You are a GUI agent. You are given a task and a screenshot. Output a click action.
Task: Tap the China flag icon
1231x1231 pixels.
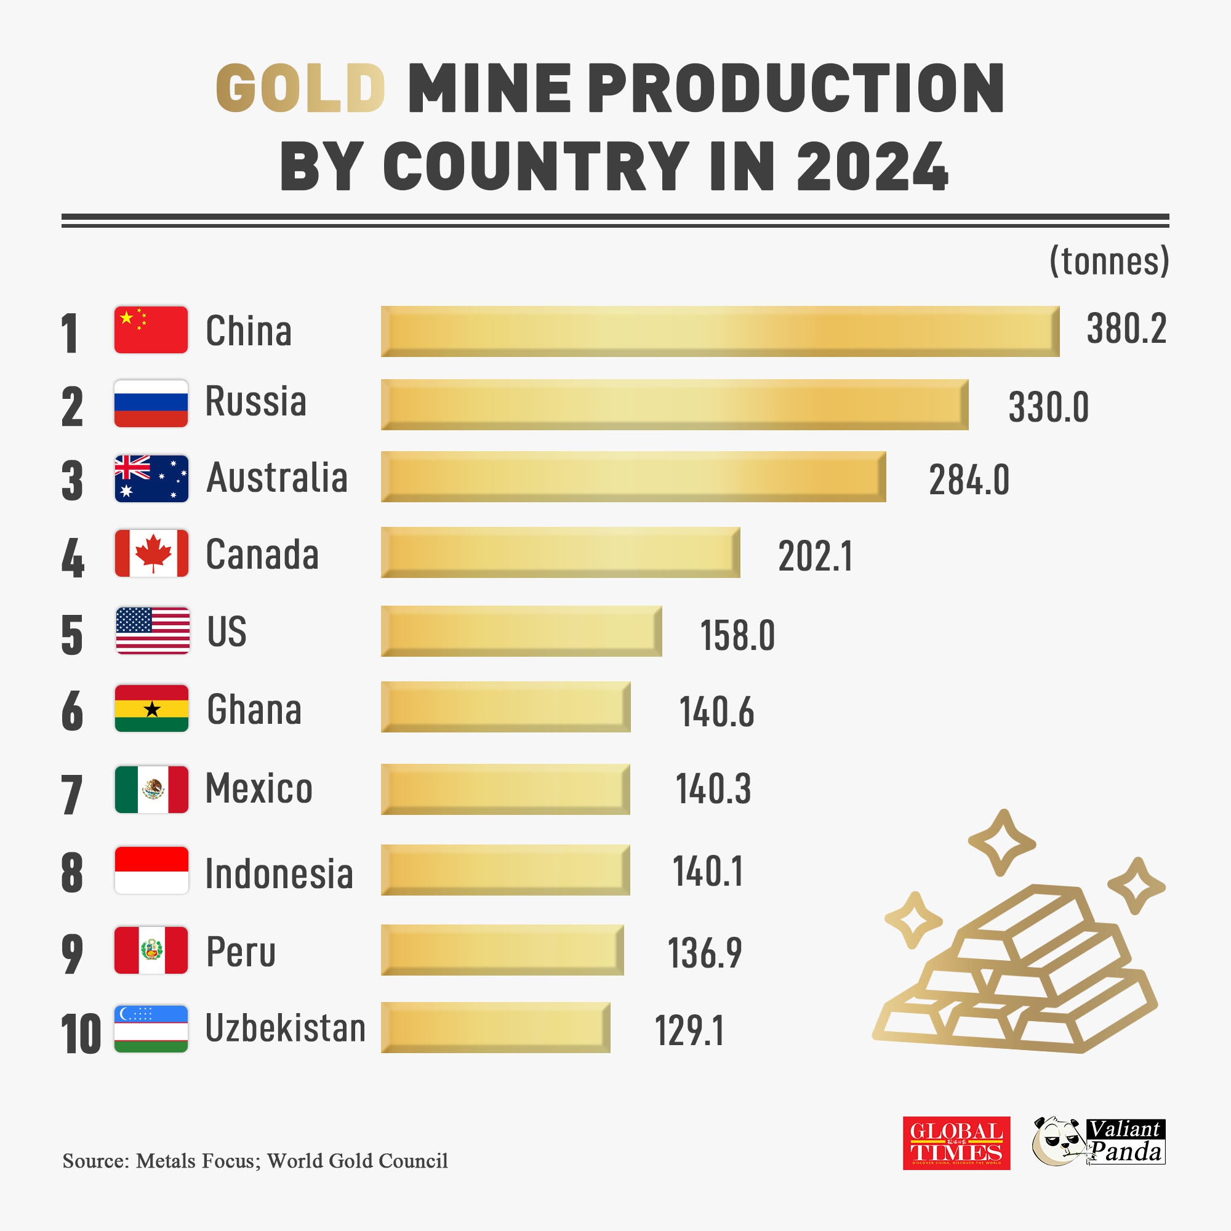(151, 329)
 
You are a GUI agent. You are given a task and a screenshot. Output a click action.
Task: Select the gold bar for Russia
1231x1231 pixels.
(674, 404)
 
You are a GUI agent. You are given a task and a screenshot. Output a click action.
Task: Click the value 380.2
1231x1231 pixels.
(1126, 329)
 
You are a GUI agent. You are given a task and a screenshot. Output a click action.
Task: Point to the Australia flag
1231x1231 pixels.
(151, 478)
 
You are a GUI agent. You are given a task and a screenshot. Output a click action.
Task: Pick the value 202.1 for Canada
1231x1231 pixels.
(815, 556)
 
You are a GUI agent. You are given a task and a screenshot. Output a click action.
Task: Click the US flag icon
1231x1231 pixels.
(152, 631)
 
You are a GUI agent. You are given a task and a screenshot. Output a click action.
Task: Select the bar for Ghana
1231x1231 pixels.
(505, 707)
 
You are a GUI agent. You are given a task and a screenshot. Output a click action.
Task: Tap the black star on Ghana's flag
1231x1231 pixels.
(151, 709)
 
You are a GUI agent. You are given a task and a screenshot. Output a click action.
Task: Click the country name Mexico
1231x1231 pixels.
(259, 789)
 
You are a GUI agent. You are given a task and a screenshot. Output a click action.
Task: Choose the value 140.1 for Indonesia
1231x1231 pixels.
(708, 871)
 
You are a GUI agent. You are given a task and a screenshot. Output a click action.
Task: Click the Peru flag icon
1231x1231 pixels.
(151, 950)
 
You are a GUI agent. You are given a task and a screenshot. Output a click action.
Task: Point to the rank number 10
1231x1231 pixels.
(81, 1033)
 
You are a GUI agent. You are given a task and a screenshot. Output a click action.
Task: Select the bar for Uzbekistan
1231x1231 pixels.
(495, 1027)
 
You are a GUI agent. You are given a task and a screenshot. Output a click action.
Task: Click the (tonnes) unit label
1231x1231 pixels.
(1109, 260)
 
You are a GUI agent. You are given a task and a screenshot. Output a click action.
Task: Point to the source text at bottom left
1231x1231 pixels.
(255, 1161)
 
